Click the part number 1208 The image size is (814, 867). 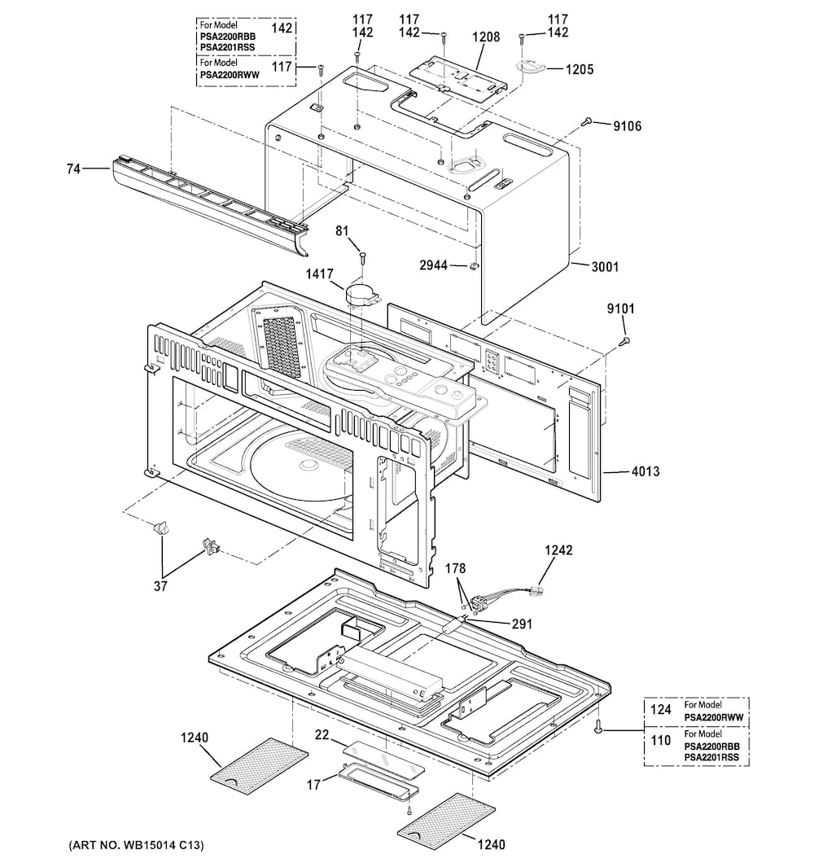(x=485, y=37)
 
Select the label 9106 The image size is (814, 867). (x=627, y=126)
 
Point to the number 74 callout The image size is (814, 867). (x=73, y=169)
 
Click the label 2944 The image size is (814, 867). (x=433, y=265)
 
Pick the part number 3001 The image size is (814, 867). (x=605, y=267)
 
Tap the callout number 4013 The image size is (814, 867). (x=646, y=471)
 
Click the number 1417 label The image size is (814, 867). (x=319, y=274)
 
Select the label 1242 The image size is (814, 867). (x=558, y=550)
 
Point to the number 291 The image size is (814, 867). (x=522, y=624)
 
